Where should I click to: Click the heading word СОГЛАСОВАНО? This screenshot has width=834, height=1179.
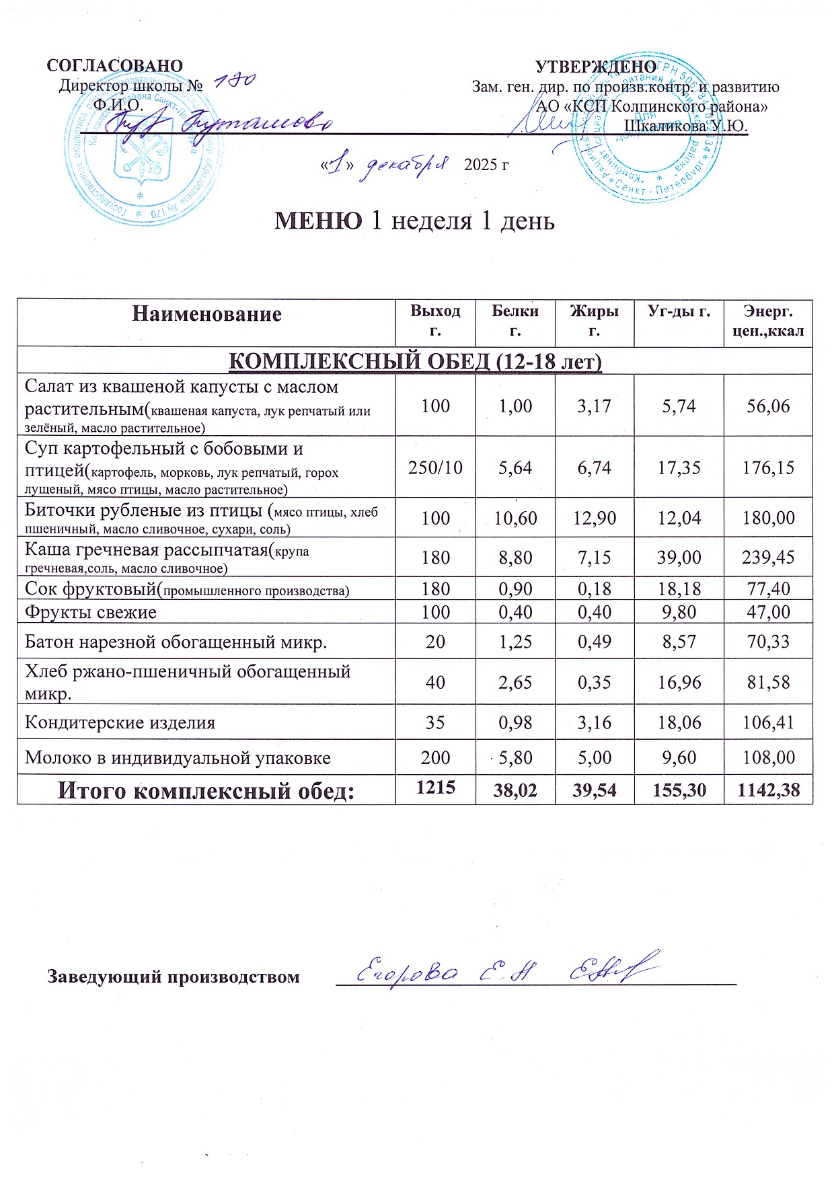click(x=114, y=65)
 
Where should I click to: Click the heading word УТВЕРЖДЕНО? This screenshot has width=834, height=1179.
click(x=595, y=67)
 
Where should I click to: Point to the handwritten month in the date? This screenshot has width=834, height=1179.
click(x=404, y=165)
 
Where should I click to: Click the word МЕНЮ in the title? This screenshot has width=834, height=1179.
click(x=318, y=221)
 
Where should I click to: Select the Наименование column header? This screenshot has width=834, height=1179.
click(x=206, y=314)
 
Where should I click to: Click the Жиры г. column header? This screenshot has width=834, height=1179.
click(x=594, y=321)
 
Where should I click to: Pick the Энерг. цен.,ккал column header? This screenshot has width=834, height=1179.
click(x=768, y=321)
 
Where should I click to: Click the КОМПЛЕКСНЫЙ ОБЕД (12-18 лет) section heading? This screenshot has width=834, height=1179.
click(x=415, y=361)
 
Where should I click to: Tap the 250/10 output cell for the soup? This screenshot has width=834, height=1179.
click(x=435, y=467)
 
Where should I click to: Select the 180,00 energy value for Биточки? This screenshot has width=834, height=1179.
click(x=768, y=518)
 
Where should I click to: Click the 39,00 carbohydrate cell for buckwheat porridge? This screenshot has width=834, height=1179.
click(x=679, y=557)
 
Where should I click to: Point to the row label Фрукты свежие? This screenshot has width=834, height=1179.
click(x=91, y=612)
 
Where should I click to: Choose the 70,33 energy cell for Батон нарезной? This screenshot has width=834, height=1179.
click(x=768, y=642)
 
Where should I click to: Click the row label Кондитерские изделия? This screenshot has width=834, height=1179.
click(x=120, y=723)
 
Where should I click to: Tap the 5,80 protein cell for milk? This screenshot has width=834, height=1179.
click(x=515, y=758)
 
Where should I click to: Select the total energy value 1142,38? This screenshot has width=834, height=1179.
click(x=768, y=790)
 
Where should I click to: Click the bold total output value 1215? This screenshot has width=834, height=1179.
click(x=435, y=787)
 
